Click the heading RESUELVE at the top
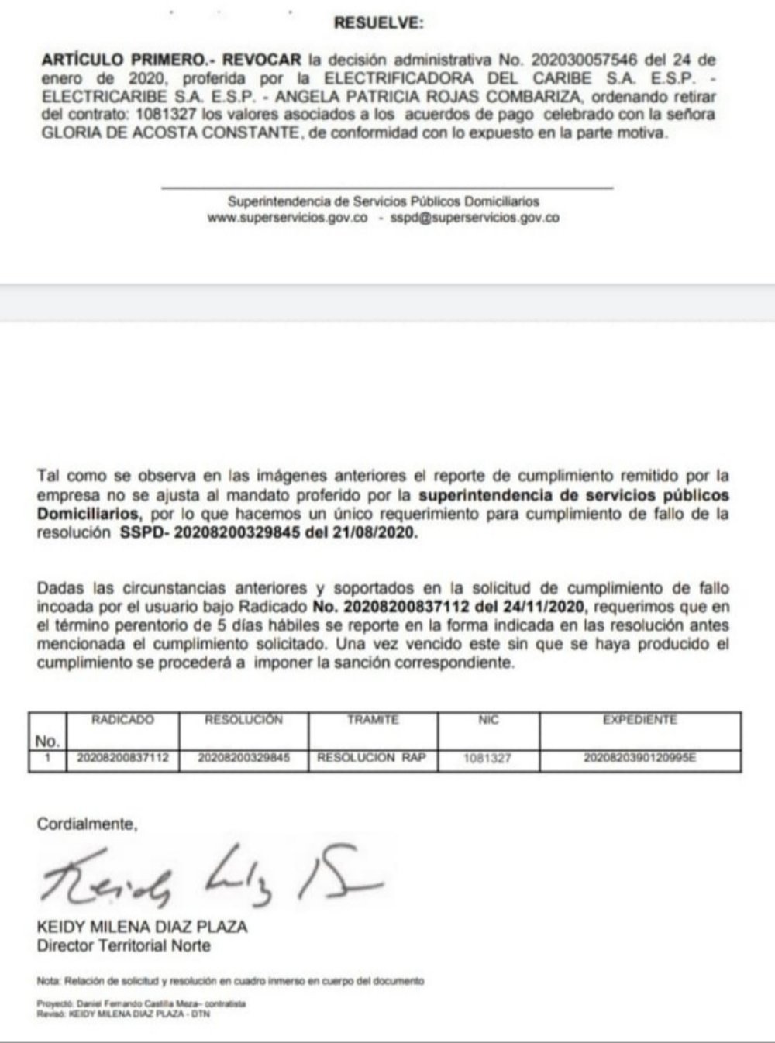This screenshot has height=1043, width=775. (x=378, y=23)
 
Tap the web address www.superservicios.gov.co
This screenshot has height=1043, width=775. (x=287, y=218)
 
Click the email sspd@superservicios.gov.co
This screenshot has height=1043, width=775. (x=474, y=218)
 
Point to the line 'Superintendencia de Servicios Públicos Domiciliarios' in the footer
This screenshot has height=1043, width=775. (x=383, y=201)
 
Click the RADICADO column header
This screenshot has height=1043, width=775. (x=122, y=720)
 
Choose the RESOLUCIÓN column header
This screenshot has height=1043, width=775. (x=243, y=720)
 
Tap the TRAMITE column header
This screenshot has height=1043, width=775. (x=373, y=720)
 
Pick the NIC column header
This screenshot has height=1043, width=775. (x=488, y=720)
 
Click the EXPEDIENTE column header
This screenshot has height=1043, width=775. (x=639, y=720)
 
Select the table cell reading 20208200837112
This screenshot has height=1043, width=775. (x=122, y=758)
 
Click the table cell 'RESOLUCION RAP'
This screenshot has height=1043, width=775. (x=372, y=758)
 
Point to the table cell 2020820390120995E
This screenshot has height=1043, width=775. (x=639, y=758)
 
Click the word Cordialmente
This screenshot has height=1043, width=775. (x=86, y=824)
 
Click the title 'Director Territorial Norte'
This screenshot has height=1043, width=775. (x=123, y=945)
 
